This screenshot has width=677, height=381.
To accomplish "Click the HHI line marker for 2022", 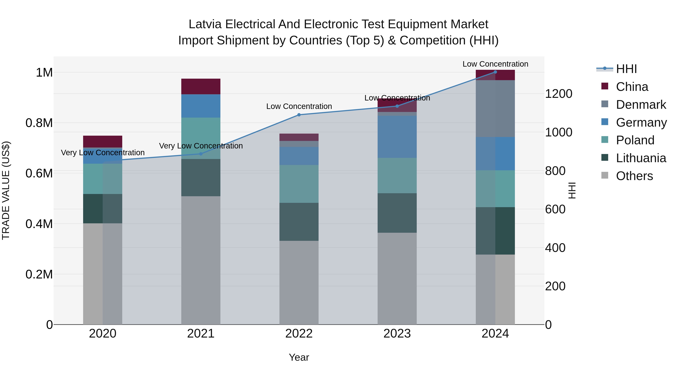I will coord(299,115).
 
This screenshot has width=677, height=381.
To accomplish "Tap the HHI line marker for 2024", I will coord(495,72).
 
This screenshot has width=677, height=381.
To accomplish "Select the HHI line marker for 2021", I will coord(201,154).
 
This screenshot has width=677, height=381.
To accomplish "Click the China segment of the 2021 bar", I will coord(201,86).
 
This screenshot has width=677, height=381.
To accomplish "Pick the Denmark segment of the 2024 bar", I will coord(495,108).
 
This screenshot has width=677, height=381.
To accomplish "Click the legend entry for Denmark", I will coord(641,105).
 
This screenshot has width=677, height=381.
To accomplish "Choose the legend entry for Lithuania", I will coord(641,158).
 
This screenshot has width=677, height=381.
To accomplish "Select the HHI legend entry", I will coord(626,69).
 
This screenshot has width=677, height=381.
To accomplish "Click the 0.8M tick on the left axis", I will coord(39,123).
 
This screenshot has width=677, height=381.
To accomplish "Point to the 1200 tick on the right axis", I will coord(559,94).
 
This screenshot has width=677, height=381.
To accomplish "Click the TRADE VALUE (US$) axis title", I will coord(6,190).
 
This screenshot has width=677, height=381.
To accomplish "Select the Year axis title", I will coord(299,357).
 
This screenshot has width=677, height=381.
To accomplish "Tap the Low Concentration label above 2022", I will coord(299,106).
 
